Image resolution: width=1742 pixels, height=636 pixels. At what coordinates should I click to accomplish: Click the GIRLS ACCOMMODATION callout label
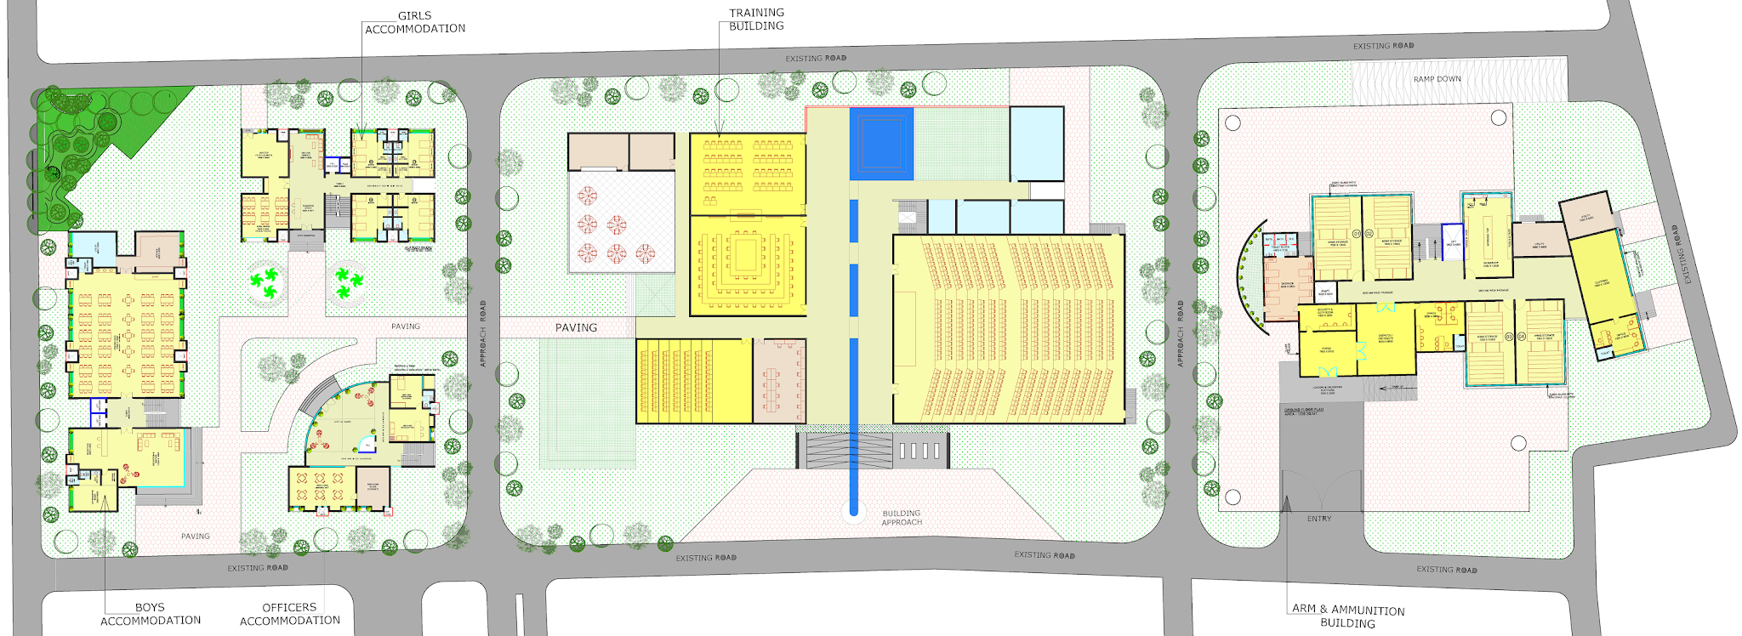pos(415,22)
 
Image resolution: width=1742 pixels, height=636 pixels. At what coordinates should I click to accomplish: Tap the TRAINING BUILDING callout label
pos(756,19)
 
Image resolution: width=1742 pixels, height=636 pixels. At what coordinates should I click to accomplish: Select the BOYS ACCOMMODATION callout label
pos(151,614)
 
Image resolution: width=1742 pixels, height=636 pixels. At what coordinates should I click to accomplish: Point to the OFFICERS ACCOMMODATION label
pos(289,614)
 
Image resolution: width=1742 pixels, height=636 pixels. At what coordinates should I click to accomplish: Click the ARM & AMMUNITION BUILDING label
pos(1347,616)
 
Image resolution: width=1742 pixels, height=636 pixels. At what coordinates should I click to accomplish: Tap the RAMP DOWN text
pos(1437,79)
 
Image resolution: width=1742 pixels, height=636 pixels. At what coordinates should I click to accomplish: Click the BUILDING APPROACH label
pos(902,518)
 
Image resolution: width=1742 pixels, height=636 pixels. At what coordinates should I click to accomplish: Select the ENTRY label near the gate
pos(1319,519)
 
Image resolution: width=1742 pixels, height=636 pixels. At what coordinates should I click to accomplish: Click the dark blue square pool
pos(881,143)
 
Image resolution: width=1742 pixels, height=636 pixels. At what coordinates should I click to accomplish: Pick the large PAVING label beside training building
pos(576,327)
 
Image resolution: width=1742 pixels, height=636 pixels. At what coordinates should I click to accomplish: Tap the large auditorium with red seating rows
pos(1009,328)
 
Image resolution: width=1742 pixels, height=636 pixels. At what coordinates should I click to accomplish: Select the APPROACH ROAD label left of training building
pos(483,333)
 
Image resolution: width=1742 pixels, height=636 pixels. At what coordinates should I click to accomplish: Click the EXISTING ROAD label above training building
pos(815,59)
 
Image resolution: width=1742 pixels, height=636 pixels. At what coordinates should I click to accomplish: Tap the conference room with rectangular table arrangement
pos(747,265)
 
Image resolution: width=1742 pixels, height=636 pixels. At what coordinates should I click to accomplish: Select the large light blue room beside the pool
pos(1037,143)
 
